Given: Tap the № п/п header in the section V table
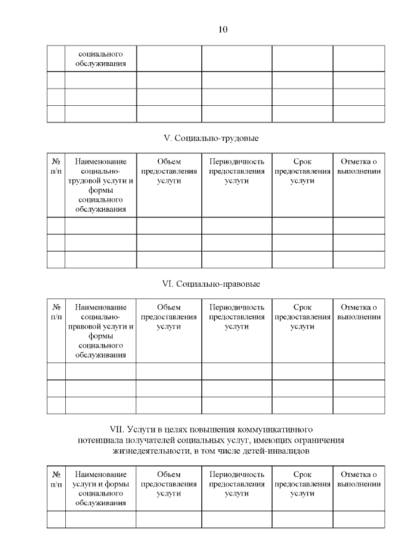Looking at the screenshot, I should (x=56, y=166).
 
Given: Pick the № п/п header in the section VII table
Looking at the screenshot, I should (x=56, y=479).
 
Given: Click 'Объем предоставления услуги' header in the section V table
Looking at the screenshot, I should (x=169, y=171).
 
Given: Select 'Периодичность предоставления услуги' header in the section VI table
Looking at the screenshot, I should (x=237, y=317).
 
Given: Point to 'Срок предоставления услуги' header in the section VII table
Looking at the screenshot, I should (x=302, y=484).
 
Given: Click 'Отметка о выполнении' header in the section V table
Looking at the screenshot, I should (x=359, y=166).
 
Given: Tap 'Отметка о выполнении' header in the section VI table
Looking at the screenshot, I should (x=359, y=312).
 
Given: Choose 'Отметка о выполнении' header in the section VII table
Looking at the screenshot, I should (x=359, y=479).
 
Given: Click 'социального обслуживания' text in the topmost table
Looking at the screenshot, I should (x=101, y=58).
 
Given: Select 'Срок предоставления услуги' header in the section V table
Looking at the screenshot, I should (x=302, y=171).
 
